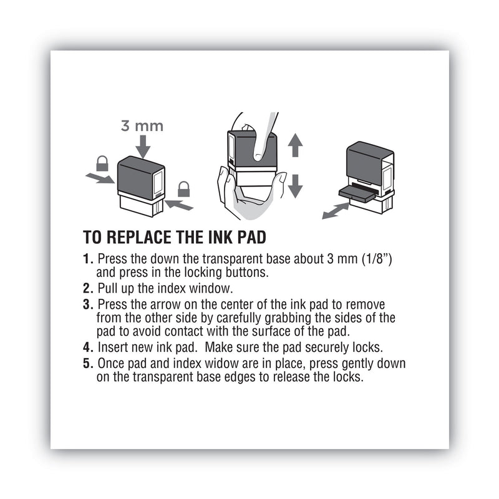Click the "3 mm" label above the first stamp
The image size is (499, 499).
click(x=142, y=126)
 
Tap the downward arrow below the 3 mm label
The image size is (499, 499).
click(x=142, y=147)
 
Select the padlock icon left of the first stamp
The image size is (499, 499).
click(x=102, y=164)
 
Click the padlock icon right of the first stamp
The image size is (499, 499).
click(x=183, y=188)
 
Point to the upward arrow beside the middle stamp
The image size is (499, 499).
click(x=295, y=145)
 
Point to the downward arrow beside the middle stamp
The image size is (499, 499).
click(x=295, y=185)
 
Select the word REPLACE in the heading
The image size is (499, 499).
click(x=138, y=238)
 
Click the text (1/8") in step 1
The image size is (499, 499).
click(x=374, y=258)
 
